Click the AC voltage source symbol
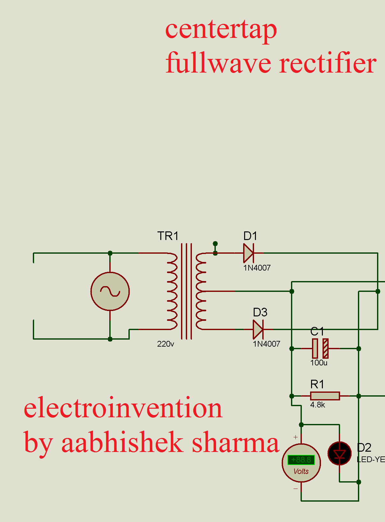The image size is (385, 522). click(110, 291)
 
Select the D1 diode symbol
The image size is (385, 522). click(248, 253)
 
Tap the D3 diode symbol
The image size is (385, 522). click(258, 329)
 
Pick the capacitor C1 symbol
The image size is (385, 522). click(320, 349)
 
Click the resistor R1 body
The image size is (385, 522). click(325, 396)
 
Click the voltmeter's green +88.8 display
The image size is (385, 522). click(301, 460)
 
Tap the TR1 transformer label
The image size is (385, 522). click(168, 236)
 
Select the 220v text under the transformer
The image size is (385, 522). click(165, 344)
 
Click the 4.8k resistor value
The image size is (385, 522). click(317, 405)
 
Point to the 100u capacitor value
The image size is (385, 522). click(319, 363)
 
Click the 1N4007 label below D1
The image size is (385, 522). click(257, 268)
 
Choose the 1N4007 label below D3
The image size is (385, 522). click(266, 344)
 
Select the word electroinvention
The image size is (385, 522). click(123, 408)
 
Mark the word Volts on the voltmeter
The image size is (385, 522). click(301, 471)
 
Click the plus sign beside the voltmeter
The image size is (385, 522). click(295, 437)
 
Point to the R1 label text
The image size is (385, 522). click(317, 384)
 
